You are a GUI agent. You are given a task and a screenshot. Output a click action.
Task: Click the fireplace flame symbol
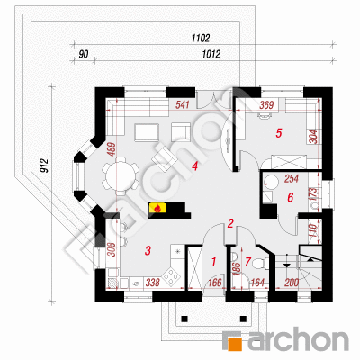point(157,208)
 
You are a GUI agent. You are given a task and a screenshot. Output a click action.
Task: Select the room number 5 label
point(279,133)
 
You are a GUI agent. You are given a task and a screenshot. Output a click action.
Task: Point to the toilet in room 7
point(258,263)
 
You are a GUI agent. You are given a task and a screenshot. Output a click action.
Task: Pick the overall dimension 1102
point(201,39)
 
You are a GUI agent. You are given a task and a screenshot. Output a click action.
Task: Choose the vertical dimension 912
point(44,166)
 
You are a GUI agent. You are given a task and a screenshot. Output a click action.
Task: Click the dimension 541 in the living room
point(183,105)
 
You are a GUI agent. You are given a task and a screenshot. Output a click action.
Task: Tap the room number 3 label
point(148,250)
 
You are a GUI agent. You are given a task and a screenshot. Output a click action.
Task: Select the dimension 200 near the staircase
point(292,283)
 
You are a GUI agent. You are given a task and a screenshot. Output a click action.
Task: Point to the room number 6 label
point(290,198)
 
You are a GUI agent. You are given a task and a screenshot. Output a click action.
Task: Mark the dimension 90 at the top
point(84,55)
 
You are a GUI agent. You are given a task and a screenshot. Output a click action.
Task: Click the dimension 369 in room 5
point(266,105)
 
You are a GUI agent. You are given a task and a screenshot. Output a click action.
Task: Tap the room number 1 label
point(214,261)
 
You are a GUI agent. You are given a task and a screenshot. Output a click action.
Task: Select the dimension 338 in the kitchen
point(153,283)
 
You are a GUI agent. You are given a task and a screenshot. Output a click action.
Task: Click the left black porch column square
point(184,318)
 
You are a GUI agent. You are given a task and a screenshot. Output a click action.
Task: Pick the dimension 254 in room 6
point(292,179)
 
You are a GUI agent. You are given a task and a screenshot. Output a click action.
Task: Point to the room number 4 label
point(195,166)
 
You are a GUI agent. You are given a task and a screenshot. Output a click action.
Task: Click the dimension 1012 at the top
point(211,54)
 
